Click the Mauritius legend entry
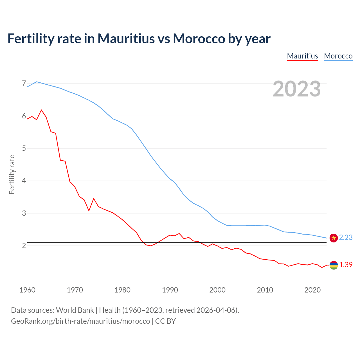point(302,56)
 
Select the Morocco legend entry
point(338,56)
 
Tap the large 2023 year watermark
point(297,89)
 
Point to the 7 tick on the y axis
point(24,84)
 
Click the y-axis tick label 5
point(24,148)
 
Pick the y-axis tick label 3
point(24,213)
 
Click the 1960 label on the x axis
point(27,290)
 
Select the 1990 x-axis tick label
point(170,290)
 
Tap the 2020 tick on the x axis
point(312,290)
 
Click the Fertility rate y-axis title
point(12,174)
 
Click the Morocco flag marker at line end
point(334,238)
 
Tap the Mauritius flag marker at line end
point(334,265)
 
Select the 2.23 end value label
point(346,238)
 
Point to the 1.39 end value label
point(346,265)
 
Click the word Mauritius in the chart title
point(126,39)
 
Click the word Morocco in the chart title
point(199,39)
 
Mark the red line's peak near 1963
point(42,110)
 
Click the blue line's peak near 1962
point(37,82)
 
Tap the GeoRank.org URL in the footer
point(80,321)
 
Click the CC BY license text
point(165,321)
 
